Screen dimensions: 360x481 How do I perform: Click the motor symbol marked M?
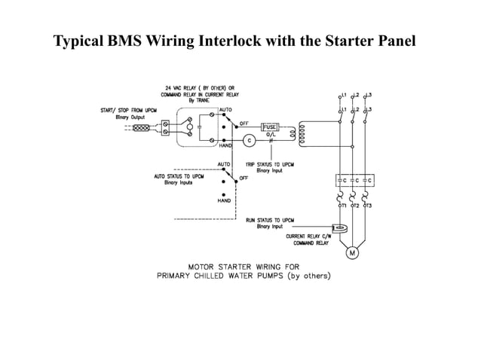[352, 253]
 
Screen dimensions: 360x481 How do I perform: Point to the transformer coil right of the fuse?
[304, 133]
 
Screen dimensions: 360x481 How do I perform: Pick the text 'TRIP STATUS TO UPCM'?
[270, 164]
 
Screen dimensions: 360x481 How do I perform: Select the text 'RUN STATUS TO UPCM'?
[270, 220]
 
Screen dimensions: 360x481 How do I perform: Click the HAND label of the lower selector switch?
[224, 201]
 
